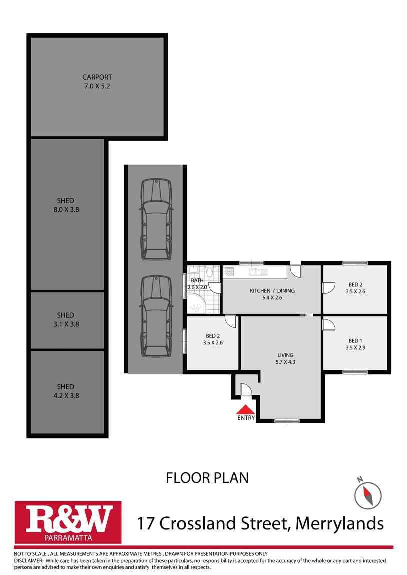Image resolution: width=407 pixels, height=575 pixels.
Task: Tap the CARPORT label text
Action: [97, 77]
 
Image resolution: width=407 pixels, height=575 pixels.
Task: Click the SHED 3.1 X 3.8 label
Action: [65, 320]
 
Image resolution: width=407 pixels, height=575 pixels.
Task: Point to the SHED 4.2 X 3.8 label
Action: [65, 391]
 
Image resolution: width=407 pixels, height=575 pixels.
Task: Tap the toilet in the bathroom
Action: [209, 273]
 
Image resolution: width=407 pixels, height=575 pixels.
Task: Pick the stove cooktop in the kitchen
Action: [229, 272]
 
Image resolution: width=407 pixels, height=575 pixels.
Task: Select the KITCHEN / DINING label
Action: [272, 291]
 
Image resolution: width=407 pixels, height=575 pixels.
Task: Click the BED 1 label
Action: [354, 341]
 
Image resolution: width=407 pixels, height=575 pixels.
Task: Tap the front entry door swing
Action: [246, 390]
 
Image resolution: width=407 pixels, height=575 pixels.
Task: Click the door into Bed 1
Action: [329, 325]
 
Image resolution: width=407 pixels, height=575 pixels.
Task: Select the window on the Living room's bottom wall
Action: [287, 420]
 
